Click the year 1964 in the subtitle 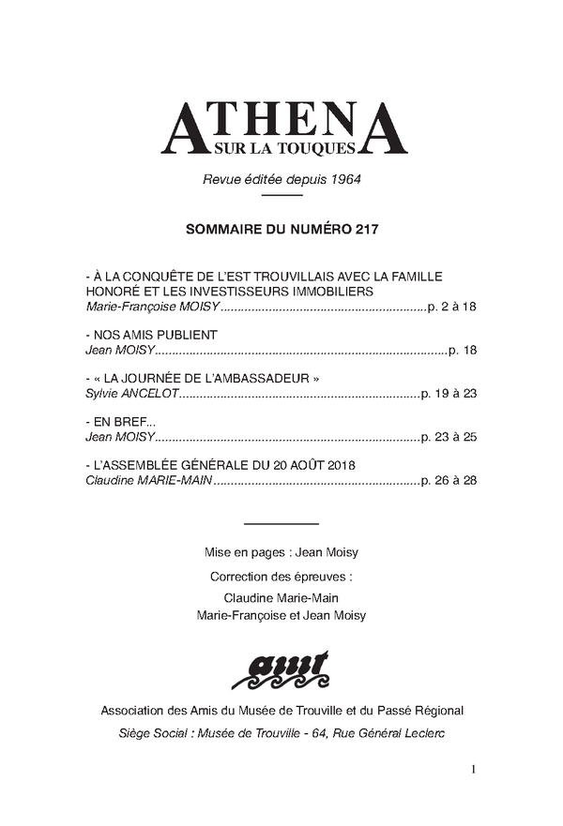(x=343, y=178)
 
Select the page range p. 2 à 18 (x=451, y=307)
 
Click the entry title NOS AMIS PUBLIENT (x=154, y=335)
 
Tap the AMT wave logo (x=281, y=668)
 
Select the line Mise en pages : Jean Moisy (x=281, y=552)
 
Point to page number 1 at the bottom (x=474, y=770)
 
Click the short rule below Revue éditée (x=281, y=196)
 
